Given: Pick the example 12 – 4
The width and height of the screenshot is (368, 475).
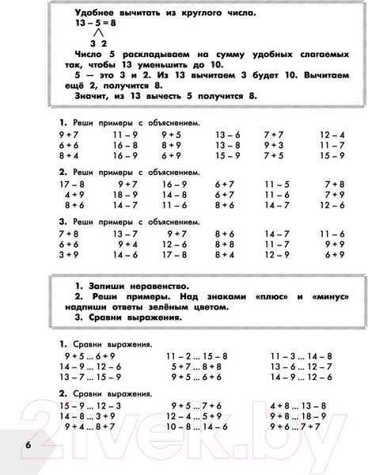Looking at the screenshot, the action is click(332, 135).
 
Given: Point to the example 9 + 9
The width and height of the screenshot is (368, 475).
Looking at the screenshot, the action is click(335, 245).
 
